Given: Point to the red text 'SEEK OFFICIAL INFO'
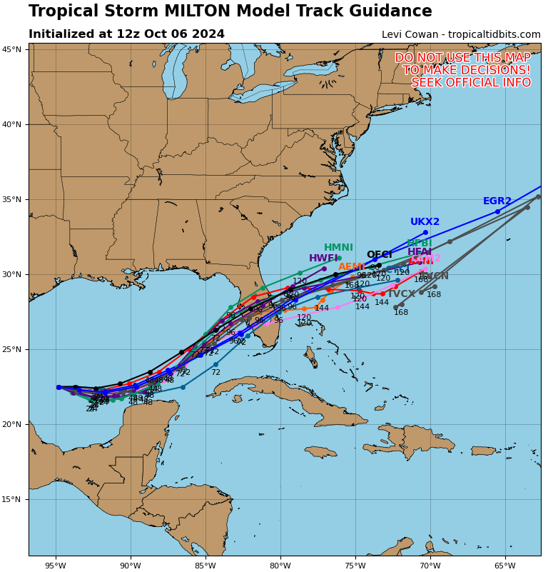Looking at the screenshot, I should click(471, 83).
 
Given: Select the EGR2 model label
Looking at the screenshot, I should click(497, 201).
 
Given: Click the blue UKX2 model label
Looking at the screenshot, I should click(425, 222).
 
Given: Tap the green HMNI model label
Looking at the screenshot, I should click(338, 248).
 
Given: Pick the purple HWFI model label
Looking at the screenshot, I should click(323, 259).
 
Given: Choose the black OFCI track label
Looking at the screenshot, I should click(379, 255).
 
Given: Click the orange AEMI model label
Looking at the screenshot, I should click(352, 267).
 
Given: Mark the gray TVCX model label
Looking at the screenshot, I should click(401, 294).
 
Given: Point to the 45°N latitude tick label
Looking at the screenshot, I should click(11, 49).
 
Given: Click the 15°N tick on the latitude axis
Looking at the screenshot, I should click(11, 499).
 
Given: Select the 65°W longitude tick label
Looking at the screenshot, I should click(504, 566).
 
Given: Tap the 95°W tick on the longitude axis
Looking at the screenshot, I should click(55, 566).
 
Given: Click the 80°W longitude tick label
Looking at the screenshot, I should click(280, 566).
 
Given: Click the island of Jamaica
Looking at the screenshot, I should click(320, 451).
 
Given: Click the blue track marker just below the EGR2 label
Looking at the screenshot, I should click(497, 211).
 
